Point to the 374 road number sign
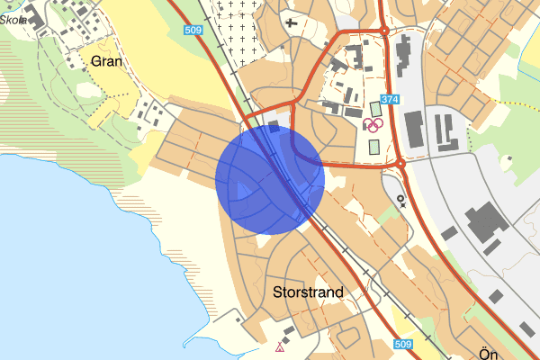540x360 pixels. tap(389, 100)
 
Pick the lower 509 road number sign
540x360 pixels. tap(403, 344)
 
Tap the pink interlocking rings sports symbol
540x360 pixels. tap(373, 125)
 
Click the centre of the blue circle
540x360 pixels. tap(270, 179)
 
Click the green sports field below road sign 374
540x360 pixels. tap(375, 109)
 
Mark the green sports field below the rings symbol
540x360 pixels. tap(373, 146)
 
